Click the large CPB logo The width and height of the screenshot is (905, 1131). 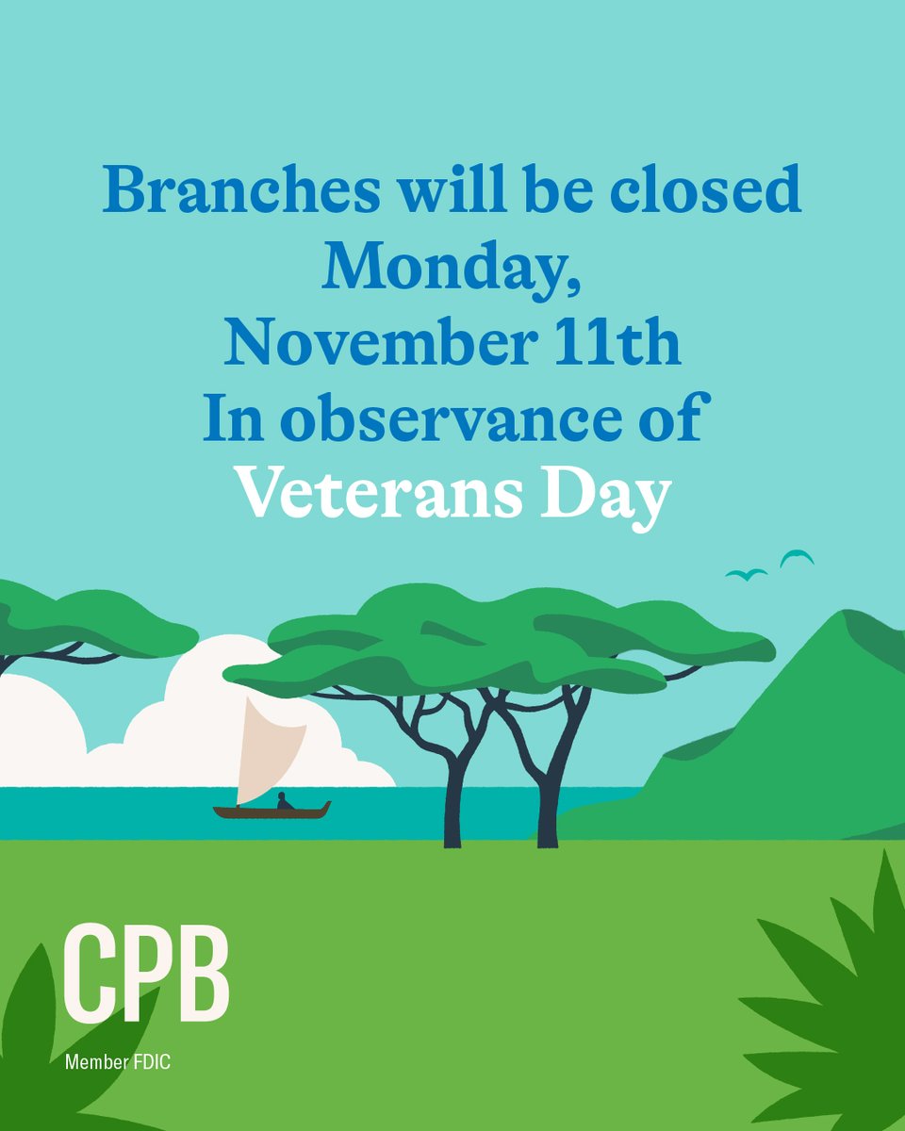[x=147, y=975]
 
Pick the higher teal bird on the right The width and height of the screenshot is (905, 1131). [x=797, y=557]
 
